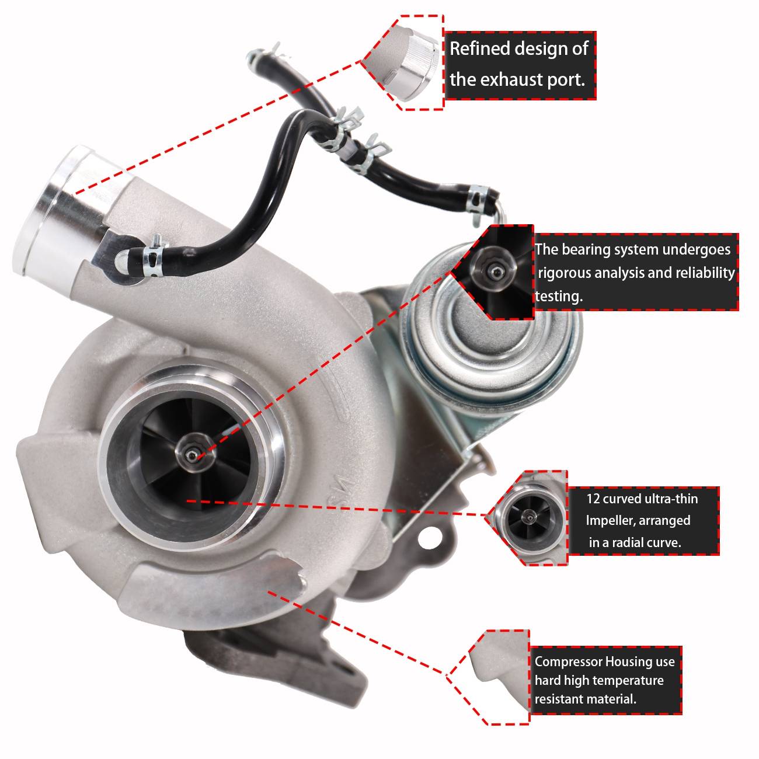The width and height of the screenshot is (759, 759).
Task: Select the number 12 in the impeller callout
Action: pos(594,499)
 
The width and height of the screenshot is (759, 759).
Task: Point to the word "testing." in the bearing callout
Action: pos(559,297)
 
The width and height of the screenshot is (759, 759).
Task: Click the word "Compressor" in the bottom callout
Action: pos(568,662)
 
